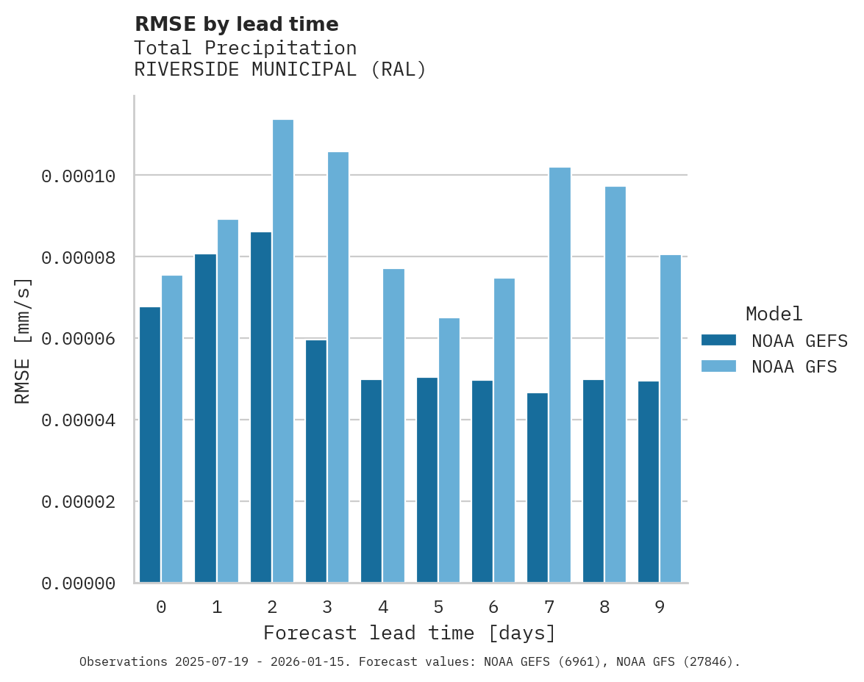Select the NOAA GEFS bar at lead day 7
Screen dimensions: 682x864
click(x=538, y=488)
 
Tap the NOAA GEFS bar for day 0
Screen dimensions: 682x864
click(x=150, y=445)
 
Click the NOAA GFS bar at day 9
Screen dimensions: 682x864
click(x=671, y=419)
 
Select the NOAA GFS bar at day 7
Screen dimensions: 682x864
click(x=560, y=375)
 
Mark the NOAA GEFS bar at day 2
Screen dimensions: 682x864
click(x=261, y=407)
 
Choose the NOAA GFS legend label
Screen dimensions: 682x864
click(x=794, y=366)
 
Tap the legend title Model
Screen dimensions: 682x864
click(x=774, y=314)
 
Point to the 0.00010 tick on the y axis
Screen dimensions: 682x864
click(x=79, y=176)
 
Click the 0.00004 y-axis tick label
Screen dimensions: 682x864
click(x=79, y=420)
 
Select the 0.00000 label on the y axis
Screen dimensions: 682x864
click(x=79, y=584)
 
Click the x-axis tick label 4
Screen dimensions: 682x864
click(x=383, y=607)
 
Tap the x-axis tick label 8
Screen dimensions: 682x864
click(x=604, y=607)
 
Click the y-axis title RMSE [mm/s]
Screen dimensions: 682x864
click(x=23, y=340)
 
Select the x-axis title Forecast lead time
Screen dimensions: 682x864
click(x=410, y=633)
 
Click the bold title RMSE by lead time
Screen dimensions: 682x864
click(x=236, y=24)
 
